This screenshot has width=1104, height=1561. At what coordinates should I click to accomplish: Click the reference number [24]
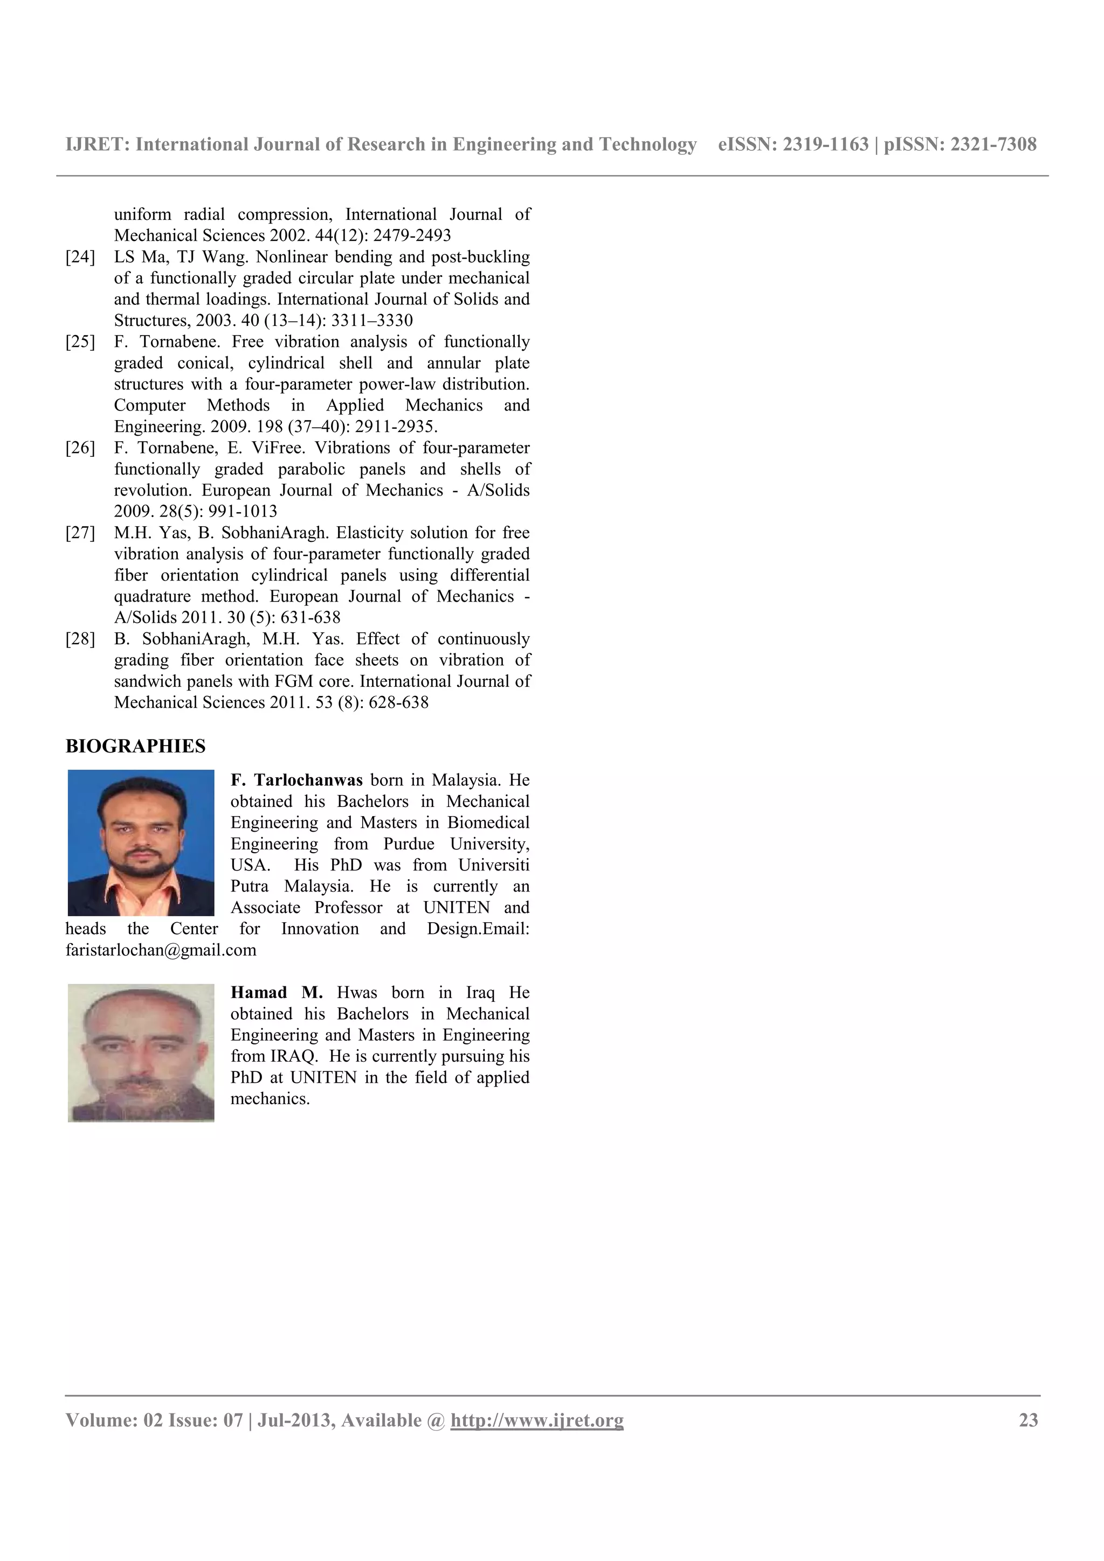point(80,257)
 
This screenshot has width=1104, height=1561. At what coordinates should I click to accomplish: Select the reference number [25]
point(80,342)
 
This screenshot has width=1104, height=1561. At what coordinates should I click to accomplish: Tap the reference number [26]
point(80,448)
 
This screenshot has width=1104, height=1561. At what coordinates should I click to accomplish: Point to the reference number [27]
point(80,533)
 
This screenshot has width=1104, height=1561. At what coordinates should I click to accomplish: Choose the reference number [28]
point(80,639)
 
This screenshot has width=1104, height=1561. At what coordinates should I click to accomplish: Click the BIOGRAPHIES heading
point(135,746)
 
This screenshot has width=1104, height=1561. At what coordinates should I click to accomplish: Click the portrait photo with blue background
point(141,842)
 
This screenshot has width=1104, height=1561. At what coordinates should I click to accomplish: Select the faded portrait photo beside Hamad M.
point(141,1053)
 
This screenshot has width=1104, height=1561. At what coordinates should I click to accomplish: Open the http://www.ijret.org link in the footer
point(537,1420)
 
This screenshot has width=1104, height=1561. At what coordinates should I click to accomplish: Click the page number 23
point(1028,1420)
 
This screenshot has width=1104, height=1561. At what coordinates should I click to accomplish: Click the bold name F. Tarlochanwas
point(296,780)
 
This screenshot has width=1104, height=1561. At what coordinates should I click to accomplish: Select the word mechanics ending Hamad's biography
point(270,1099)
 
